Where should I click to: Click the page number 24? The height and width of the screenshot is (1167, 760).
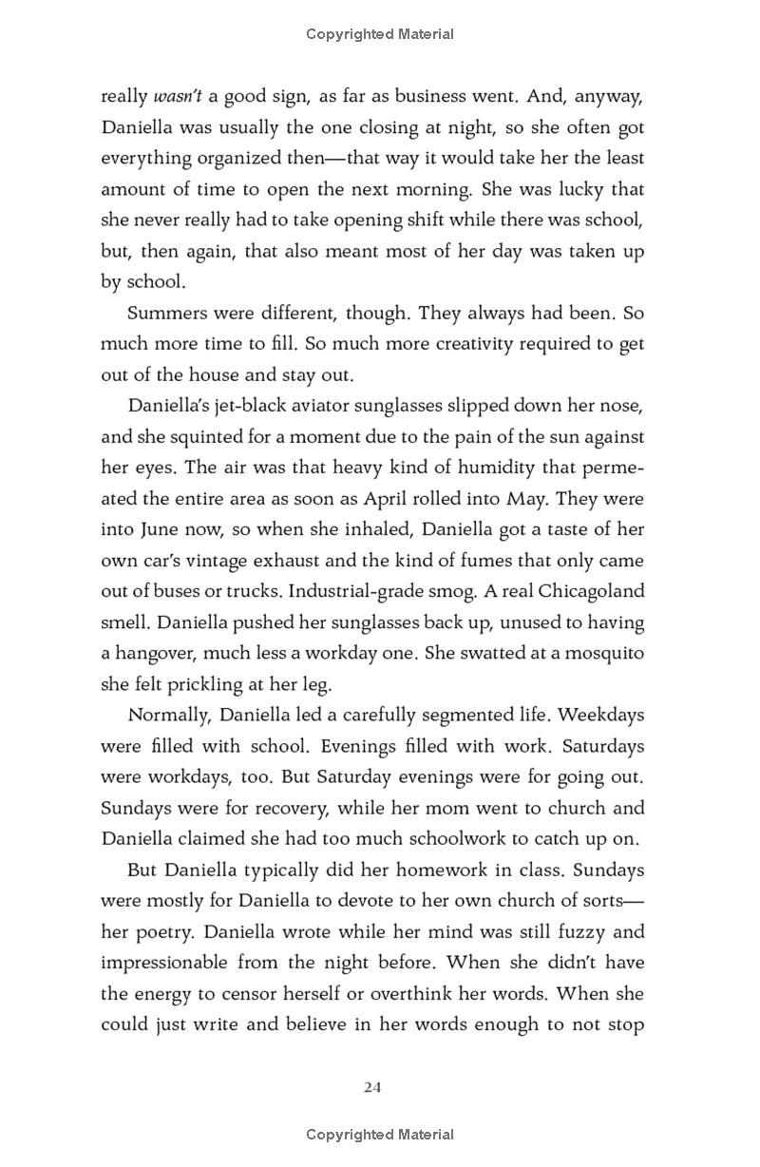372,1087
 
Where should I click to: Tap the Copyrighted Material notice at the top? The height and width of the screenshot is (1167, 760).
380,34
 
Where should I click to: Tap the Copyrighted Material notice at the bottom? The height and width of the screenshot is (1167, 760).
380,1134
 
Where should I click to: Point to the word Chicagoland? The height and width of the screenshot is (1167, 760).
591,591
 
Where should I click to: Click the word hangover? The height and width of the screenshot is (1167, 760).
161,654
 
